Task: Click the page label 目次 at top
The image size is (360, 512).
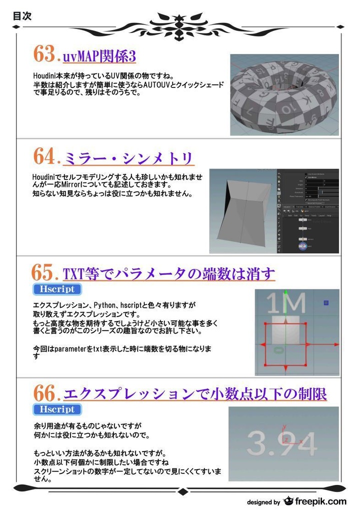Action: coord(22,16)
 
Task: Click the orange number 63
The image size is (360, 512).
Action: coord(46,54)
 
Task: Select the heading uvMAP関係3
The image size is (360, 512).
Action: coord(99,56)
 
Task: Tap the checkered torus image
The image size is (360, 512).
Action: coord(284,94)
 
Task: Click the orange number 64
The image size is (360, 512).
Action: coord(46,157)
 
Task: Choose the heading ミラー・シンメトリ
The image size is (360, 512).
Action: coord(128,158)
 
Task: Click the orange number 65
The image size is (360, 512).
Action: coord(46,273)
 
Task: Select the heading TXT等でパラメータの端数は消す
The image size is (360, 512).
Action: coord(169,274)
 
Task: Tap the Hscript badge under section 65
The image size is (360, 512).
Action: coord(57,289)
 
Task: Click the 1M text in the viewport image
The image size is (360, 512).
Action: coord(285,303)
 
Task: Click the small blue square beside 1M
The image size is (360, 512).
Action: coord(326,302)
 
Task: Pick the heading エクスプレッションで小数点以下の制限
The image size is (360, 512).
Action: coord(195,394)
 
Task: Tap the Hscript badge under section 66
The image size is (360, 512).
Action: coord(57,409)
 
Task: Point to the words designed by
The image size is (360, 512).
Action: coord(263,502)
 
